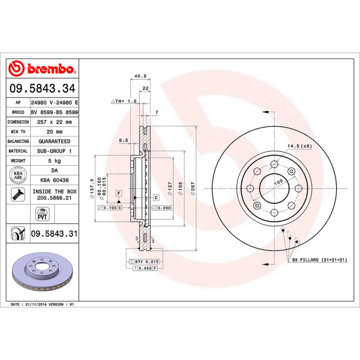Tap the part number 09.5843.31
click(x=54, y=234)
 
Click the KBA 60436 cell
click(x=54, y=180)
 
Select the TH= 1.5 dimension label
click(x=126, y=102)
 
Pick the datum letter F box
click(x=119, y=193)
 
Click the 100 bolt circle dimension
click(x=278, y=181)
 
